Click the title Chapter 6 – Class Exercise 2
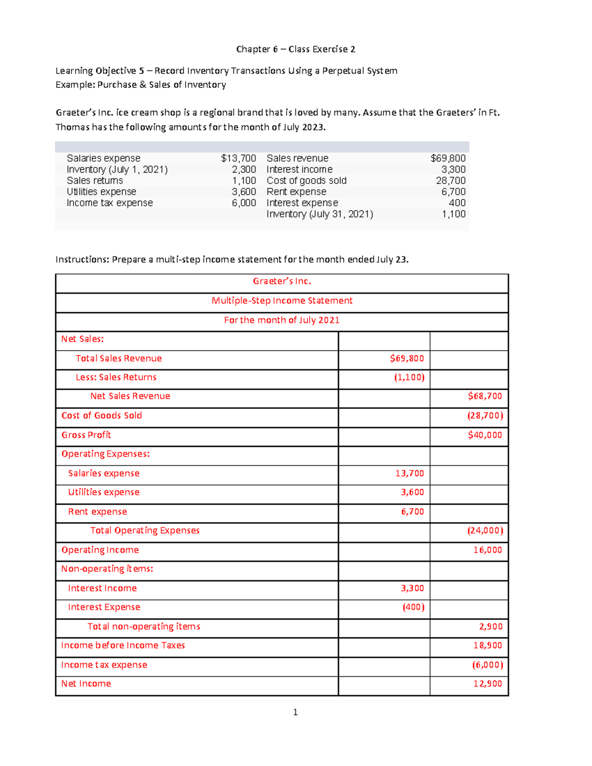296,49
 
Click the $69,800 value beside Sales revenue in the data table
448,158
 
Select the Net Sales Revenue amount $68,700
485,396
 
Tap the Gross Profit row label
86,435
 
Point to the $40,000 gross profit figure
485,435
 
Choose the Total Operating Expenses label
145,531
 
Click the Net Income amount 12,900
487,684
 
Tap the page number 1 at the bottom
296,712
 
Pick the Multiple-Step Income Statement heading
282,301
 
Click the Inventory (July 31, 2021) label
320,214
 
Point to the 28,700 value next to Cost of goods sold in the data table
450,181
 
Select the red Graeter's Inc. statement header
282,281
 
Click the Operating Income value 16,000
487,550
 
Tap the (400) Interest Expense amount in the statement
413,607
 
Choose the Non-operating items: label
107,569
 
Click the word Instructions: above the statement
82,260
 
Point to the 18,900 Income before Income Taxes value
487,646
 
